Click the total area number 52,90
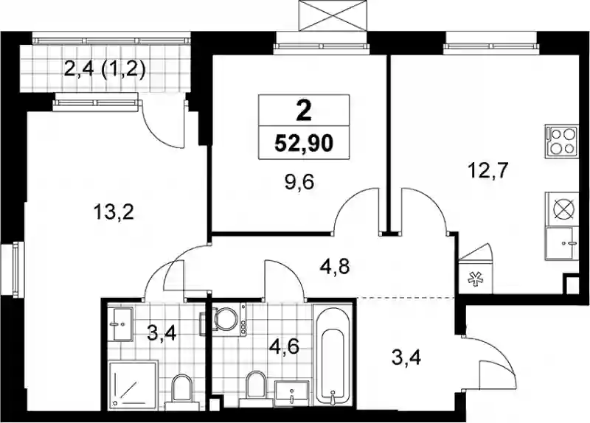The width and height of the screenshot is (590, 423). (x=304, y=143)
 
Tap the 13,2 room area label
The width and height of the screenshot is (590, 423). (x=114, y=213)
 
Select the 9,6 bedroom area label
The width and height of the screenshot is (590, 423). (x=300, y=183)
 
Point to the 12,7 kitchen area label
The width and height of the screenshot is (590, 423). (x=487, y=171)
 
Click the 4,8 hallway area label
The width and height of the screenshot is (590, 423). (x=335, y=267)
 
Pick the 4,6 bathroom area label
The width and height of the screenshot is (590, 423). (x=284, y=346)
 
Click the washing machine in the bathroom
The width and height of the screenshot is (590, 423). (x=228, y=320)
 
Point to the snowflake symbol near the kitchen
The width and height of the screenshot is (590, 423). (x=475, y=280)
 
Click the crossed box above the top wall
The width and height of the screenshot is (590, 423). (x=333, y=15)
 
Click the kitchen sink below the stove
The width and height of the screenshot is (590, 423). (x=562, y=243)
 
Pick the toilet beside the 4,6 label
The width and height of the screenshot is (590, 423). (x=257, y=389)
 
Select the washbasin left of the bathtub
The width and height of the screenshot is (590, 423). (x=292, y=394)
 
